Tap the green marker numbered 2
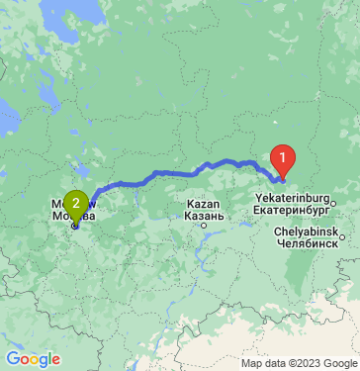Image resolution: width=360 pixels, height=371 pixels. click(x=75, y=203)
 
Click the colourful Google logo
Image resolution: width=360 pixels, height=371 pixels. click(x=33, y=359)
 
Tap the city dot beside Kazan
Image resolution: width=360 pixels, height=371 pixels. click(x=204, y=225)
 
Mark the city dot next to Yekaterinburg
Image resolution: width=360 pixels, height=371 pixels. click(x=333, y=203)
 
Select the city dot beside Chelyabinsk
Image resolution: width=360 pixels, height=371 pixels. click(x=341, y=236)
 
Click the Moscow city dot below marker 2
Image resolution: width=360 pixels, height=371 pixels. click(x=75, y=226)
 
